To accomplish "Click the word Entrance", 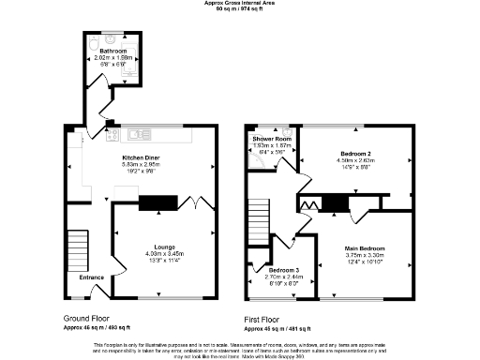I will click(x=91, y=277).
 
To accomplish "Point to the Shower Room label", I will click(x=271, y=139).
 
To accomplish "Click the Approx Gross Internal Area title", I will click(x=240, y=4).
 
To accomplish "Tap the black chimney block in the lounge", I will click(x=157, y=200).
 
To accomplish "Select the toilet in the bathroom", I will click(x=91, y=43).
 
